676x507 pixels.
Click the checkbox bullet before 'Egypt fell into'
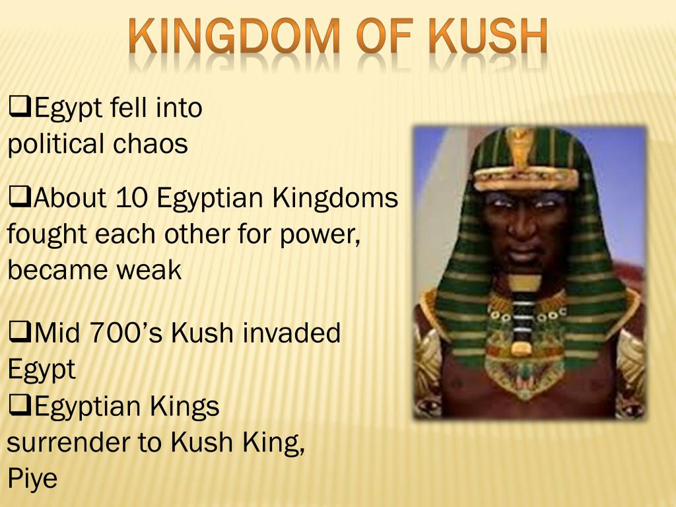20,105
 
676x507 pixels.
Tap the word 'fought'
46,234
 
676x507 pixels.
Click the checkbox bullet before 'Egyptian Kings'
20,405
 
